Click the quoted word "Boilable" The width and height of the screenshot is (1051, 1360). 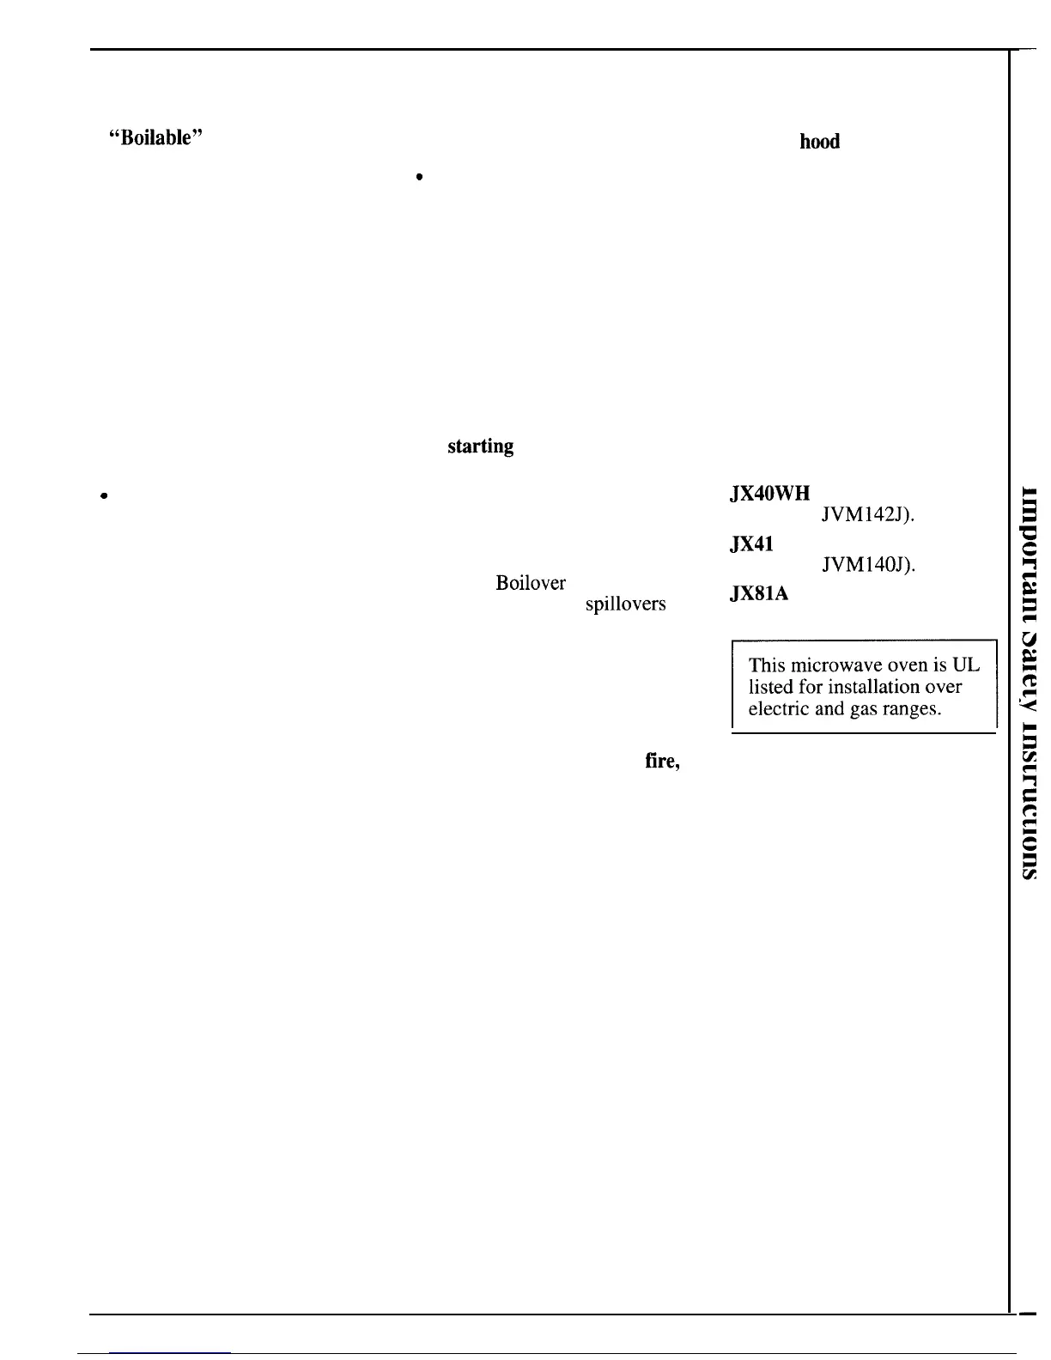tap(155, 140)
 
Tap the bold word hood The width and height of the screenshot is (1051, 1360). tap(819, 143)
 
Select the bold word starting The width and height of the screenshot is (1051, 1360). tap(480, 446)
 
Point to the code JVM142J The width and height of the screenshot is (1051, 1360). tap(868, 515)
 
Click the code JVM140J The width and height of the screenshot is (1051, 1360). tap(868, 565)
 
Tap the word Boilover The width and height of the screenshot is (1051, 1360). tap(531, 584)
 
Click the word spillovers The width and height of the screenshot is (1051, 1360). tap(625, 604)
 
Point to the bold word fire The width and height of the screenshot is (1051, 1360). tap(662, 761)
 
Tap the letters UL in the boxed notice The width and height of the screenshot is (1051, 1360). tap(966, 665)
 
